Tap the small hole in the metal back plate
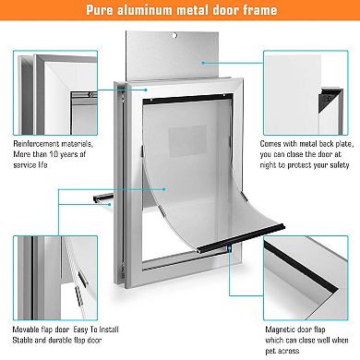coord(175,37)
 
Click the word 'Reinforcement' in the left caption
coord(42,144)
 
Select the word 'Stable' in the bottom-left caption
coord(28,340)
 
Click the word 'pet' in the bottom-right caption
coord(272,352)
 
